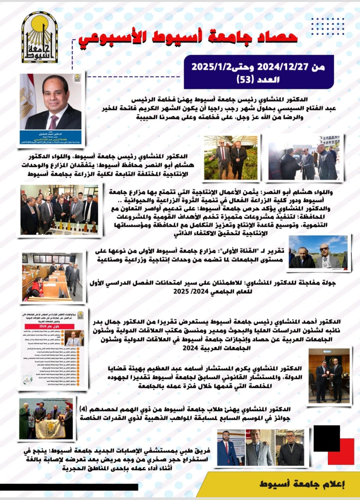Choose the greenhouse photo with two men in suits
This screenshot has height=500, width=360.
[x=231, y=158]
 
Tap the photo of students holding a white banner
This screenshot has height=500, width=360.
[x=46, y=419]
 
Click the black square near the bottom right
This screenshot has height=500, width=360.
[x=326, y=438]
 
